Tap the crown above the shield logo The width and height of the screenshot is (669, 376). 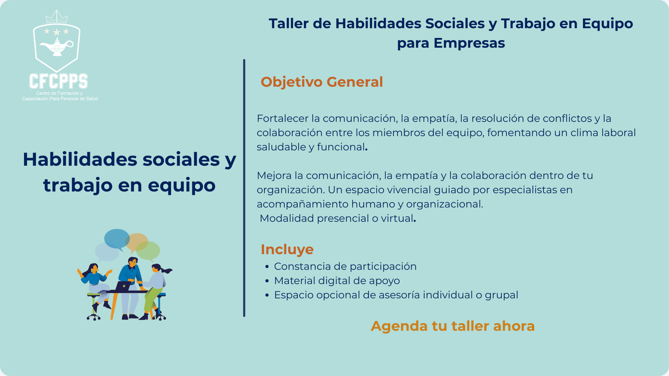[x=56, y=17]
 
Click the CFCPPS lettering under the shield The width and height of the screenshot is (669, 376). [x=59, y=81]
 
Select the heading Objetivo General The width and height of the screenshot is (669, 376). [x=322, y=82]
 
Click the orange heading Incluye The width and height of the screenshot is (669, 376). [x=287, y=249]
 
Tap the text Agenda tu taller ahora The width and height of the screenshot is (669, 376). [x=452, y=326]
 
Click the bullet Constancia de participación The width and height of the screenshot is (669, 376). [x=345, y=266]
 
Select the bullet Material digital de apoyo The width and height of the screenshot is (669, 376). [x=337, y=280]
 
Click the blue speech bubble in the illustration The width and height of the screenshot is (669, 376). [x=117, y=239]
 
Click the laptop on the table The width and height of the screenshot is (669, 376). [x=123, y=287]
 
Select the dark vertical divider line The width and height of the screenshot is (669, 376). [x=244, y=188]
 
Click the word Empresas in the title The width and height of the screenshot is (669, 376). [x=469, y=43]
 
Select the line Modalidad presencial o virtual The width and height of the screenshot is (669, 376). [x=338, y=218]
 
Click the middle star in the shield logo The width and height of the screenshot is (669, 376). [x=56, y=32]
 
